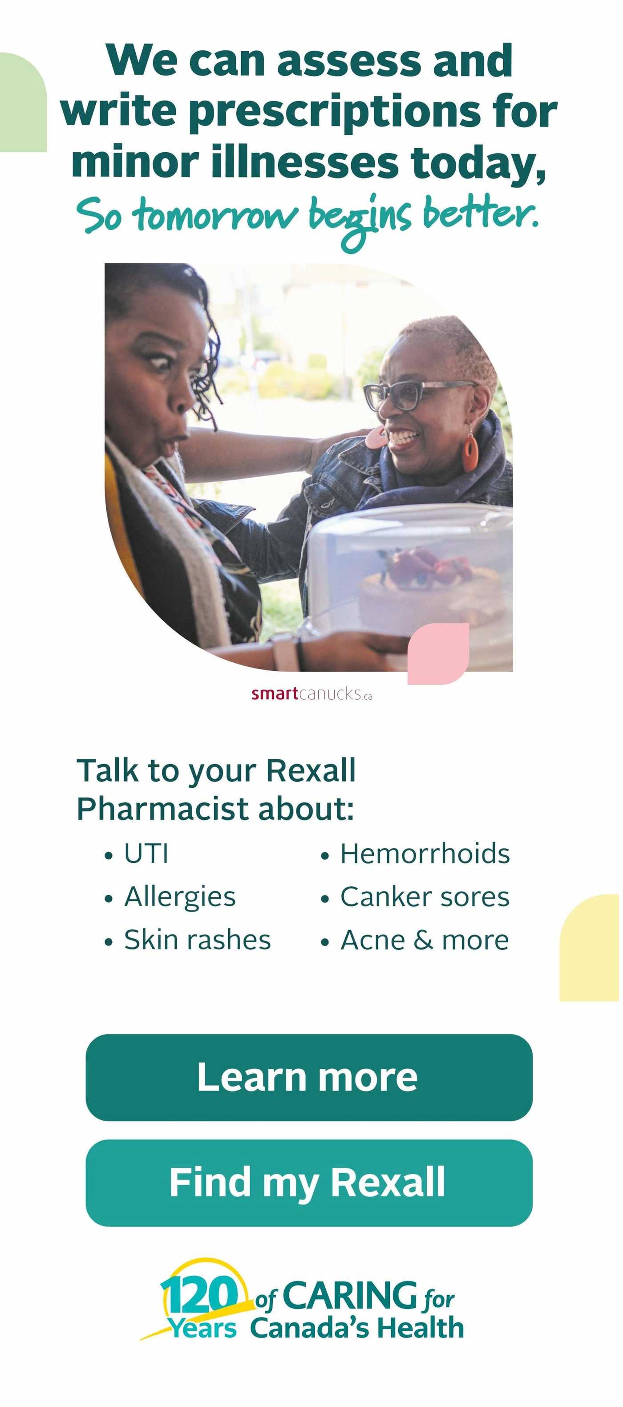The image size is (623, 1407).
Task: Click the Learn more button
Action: coord(309,1077)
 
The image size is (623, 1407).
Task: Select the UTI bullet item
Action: coord(137,854)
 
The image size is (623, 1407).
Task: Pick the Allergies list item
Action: coord(170,897)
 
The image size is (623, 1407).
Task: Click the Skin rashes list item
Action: coord(187,940)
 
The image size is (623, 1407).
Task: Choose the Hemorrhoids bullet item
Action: coord(415,854)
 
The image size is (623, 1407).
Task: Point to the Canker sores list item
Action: coord(415,897)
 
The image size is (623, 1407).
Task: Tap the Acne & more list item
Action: coord(415,940)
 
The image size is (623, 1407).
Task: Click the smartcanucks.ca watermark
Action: coord(312,693)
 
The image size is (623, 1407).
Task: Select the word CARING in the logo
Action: coord(349,1296)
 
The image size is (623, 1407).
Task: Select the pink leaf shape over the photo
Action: coord(438,653)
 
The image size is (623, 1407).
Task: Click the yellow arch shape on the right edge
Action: coord(590,948)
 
